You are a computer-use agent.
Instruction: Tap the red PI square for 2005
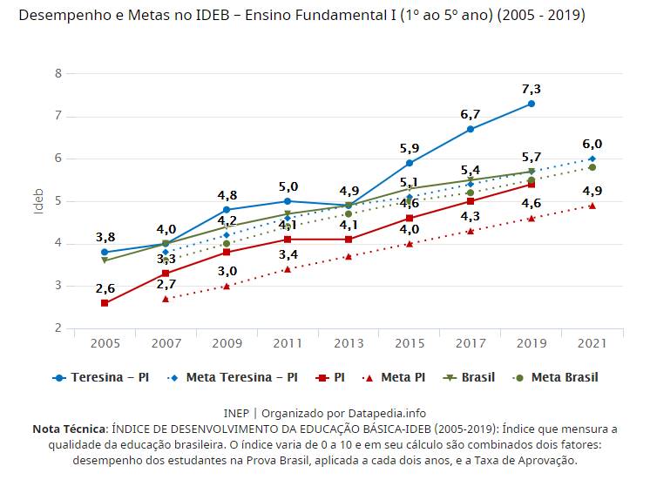(x=105, y=303)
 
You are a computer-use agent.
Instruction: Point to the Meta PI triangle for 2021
(x=592, y=206)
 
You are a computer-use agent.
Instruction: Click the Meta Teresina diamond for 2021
(x=592, y=159)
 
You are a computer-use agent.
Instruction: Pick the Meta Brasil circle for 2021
(x=592, y=167)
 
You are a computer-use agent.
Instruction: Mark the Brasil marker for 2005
(x=105, y=260)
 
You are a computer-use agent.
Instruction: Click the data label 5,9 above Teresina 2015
(x=410, y=148)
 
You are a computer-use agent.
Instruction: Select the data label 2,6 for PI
(x=105, y=288)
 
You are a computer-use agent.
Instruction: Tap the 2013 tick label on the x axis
(x=349, y=344)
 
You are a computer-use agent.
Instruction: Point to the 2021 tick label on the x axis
(x=592, y=344)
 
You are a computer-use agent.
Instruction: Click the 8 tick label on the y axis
(x=58, y=73)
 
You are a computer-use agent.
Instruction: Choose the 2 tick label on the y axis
(x=58, y=328)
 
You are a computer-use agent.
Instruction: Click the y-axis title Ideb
(x=37, y=200)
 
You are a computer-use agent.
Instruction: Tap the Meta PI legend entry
(x=396, y=378)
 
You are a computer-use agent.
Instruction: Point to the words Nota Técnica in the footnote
(x=69, y=429)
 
